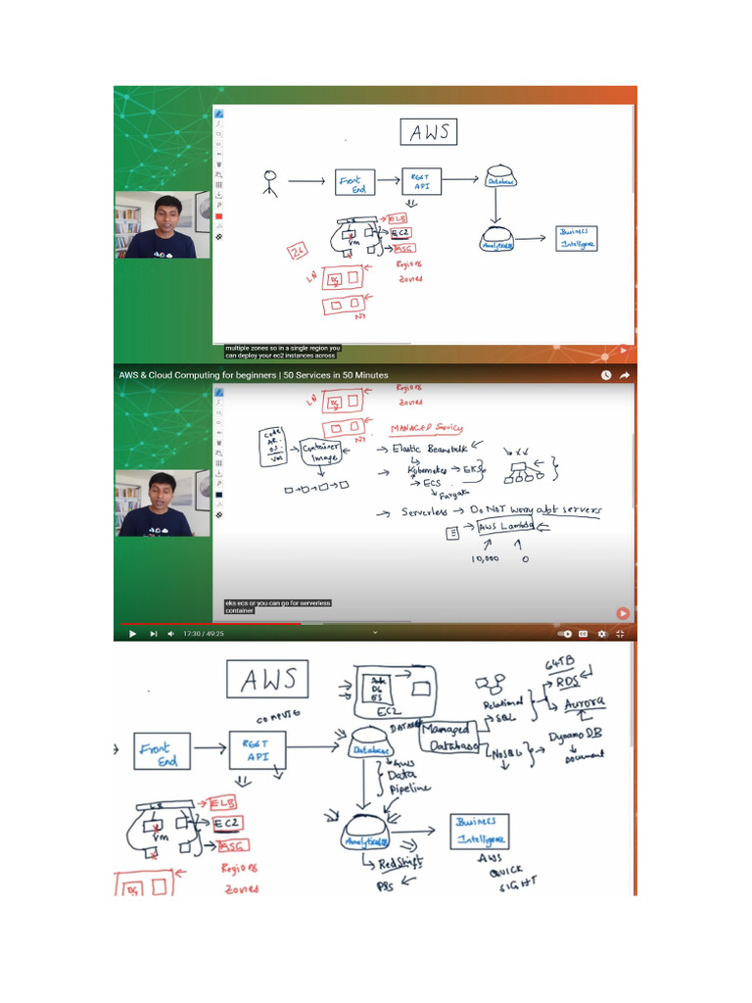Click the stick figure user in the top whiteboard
(x=270, y=183)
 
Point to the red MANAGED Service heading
(x=427, y=428)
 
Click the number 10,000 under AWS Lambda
(x=485, y=558)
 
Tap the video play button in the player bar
(x=132, y=634)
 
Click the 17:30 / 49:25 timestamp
(x=204, y=634)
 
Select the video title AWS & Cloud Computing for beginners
(x=253, y=375)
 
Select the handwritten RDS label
(x=569, y=683)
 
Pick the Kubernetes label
(x=433, y=471)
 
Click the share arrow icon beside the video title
(x=625, y=375)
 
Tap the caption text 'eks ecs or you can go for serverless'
(x=279, y=602)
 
